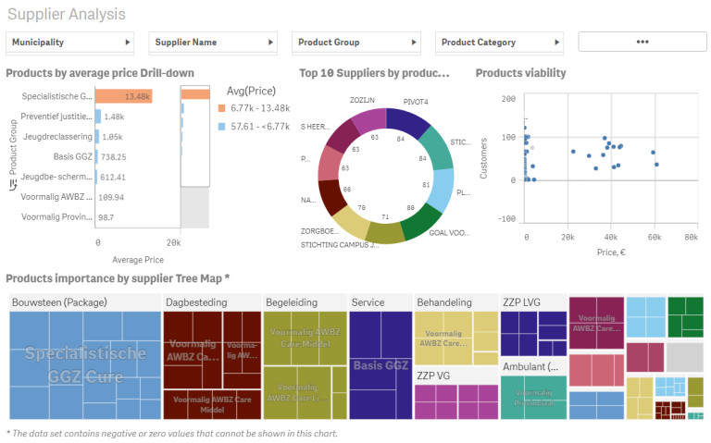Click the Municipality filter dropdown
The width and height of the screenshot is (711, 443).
pos(70,43)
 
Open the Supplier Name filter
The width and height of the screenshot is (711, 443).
pos(213,43)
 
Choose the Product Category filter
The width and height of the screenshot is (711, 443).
pos(500,43)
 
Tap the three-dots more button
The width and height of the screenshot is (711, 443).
pos(642,42)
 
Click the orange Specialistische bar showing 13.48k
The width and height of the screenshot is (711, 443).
pos(123,96)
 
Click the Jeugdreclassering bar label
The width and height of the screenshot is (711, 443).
pos(57,137)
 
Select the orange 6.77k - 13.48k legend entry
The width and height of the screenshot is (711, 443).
pos(260,108)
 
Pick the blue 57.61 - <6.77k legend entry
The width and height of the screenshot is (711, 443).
pos(264,126)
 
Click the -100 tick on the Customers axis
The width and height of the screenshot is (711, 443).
pos(507,219)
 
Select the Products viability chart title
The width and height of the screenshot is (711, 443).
pos(520,73)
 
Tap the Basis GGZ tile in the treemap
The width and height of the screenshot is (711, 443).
pos(380,365)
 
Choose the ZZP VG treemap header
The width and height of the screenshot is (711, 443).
pos(433,376)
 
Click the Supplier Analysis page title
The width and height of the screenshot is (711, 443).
pos(67,15)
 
